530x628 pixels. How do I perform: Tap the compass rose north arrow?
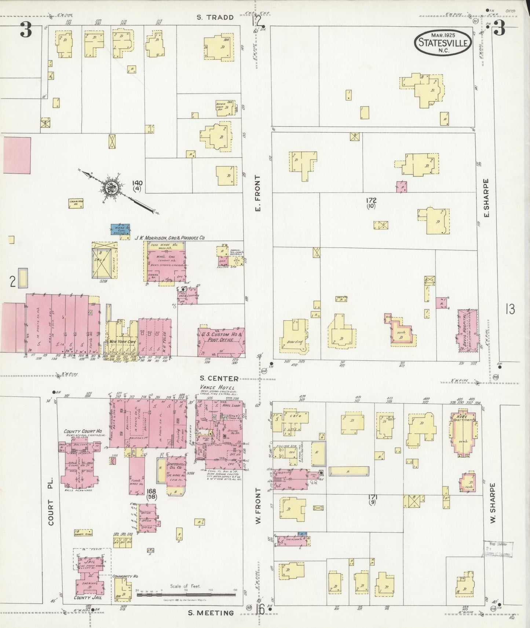click(x=110, y=188)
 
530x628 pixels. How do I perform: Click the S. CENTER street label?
click(x=219, y=378)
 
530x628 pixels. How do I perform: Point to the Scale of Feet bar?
click(x=186, y=594)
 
